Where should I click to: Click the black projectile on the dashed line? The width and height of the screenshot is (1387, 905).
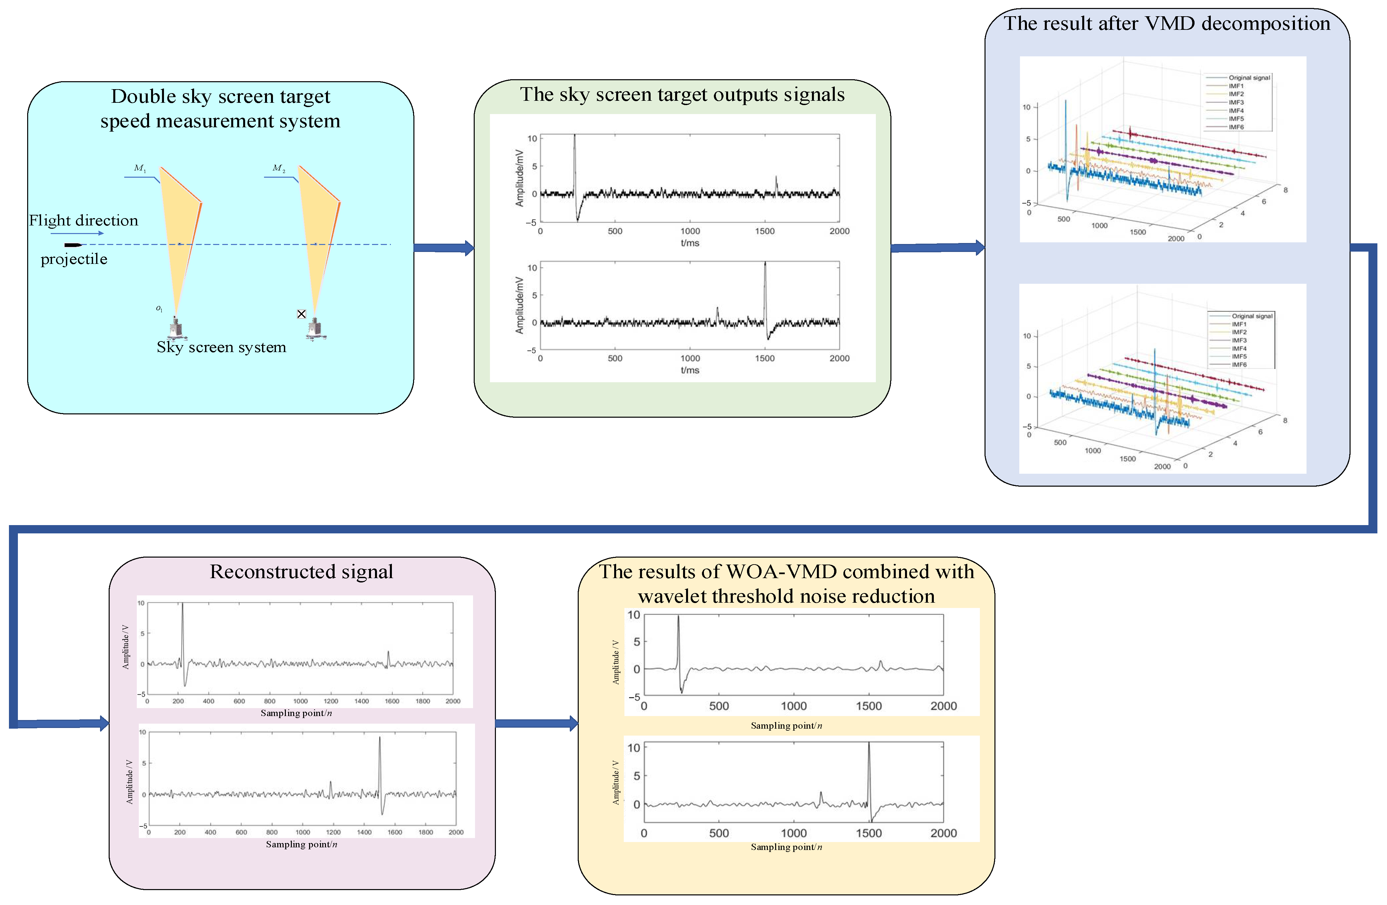[x=73, y=245]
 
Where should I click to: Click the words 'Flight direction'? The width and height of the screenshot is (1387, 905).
[x=83, y=220]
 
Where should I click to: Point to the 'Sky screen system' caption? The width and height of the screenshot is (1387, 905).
[x=222, y=347]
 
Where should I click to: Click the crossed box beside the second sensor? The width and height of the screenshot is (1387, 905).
[x=301, y=314]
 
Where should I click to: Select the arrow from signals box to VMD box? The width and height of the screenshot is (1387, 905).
[x=938, y=248]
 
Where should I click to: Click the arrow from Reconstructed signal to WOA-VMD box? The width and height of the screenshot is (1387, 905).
[x=537, y=724]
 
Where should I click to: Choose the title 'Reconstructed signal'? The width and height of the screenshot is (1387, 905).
[x=301, y=572]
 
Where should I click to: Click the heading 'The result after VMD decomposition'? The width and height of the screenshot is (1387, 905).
[x=1167, y=23]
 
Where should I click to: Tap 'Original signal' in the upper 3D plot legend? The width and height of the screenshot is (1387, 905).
[x=1249, y=78]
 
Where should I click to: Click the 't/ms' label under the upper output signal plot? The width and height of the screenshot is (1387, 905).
[x=690, y=243]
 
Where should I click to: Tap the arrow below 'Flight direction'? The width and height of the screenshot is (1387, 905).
[x=78, y=233]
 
